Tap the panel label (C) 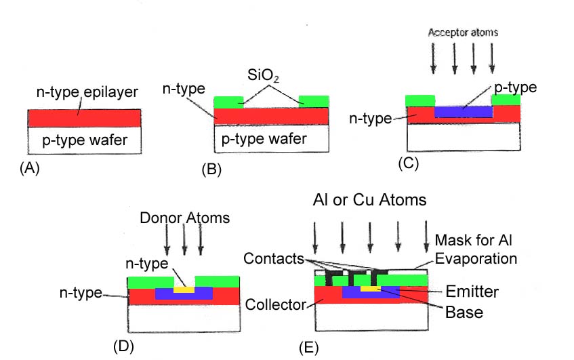point(411,163)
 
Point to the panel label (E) point(308,349)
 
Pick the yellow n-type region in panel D point(184,288)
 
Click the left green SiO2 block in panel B point(228,102)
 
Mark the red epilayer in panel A point(84,118)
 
